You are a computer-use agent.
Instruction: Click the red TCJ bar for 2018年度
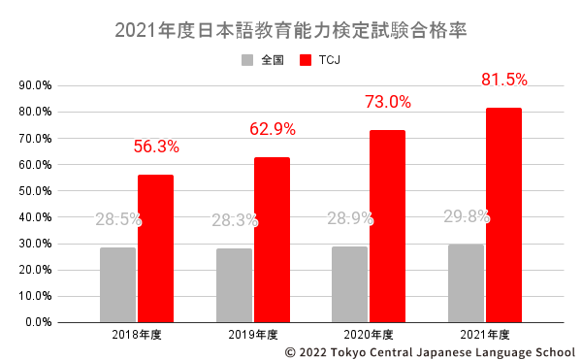[x=155, y=248]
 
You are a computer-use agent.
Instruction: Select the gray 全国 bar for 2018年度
[x=117, y=284]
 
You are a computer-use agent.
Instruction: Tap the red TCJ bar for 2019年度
[x=272, y=240]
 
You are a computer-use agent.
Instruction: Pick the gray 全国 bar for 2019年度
[x=234, y=284]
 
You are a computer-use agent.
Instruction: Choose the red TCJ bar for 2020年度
[x=387, y=226]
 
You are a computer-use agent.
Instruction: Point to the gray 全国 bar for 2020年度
[x=349, y=283]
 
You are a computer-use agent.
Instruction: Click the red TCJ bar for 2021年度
[x=503, y=214]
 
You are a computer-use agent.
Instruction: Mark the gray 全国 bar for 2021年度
[x=466, y=282]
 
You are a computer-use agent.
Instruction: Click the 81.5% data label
[x=503, y=79]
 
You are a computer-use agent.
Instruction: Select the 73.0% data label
[x=387, y=102]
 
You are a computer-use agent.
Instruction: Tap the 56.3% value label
[x=156, y=147]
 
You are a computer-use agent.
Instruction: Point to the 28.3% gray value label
[x=235, y=220]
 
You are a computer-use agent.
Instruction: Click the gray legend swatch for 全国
[x=247, y=59]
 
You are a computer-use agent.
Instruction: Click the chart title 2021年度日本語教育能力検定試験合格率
[x=291, y=29]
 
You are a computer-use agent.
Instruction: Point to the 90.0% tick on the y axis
[x=35, y=85]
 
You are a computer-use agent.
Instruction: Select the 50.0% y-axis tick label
[x=35, y=190]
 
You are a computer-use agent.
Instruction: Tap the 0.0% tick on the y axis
[x=38, y=321]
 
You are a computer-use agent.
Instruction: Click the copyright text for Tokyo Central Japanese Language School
[x=430, y=352]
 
